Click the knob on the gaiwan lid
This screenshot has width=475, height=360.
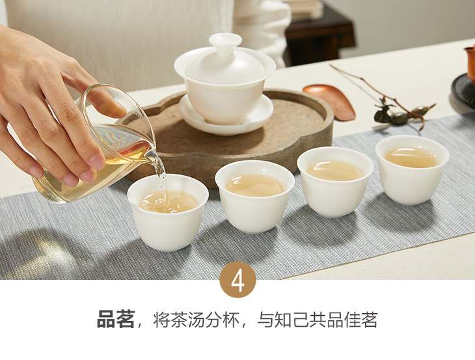point(225,42)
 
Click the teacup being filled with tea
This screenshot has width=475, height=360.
point(168,212)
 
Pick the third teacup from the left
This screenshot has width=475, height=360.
point(335,182)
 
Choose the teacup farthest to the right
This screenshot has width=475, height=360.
point(412,170)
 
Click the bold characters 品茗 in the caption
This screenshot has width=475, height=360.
point(116,320)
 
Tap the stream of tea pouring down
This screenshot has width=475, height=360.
point(162,179)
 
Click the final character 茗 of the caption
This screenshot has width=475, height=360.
point(369,320)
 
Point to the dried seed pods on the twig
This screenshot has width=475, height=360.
point(403,113)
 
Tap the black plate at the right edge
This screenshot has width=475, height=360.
point(463,91)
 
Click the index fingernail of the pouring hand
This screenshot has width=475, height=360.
point(97,163)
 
